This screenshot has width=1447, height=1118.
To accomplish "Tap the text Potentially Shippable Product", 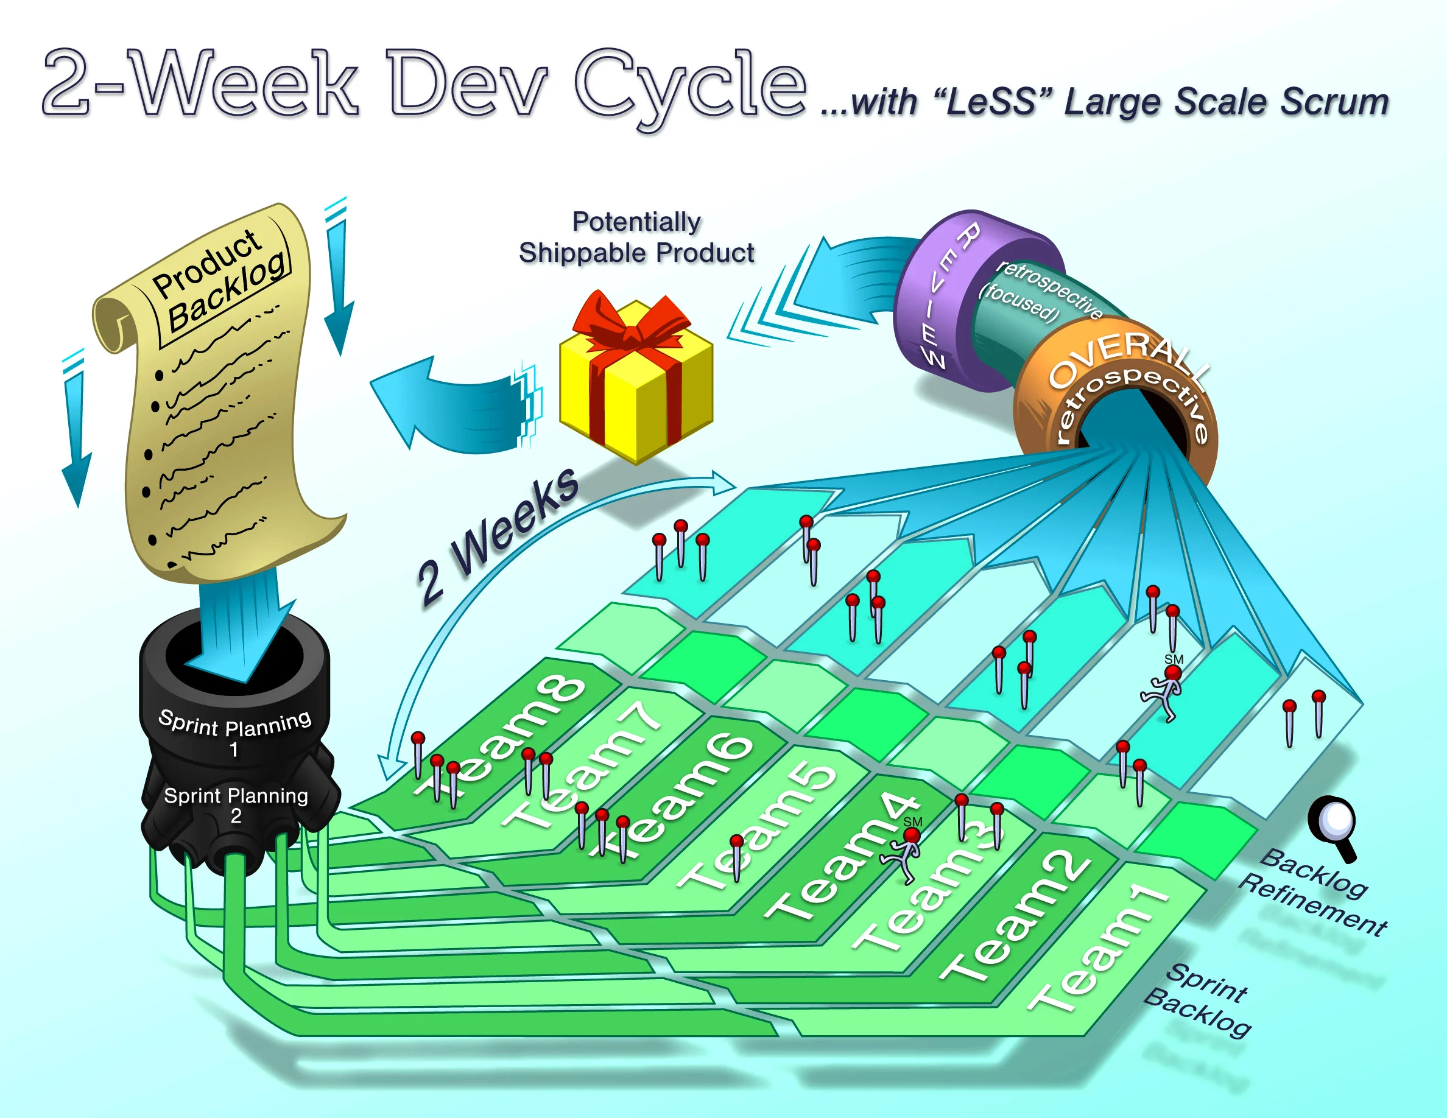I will pos(636,237).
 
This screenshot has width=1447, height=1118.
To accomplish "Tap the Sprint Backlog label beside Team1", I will pos(1199,1000).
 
